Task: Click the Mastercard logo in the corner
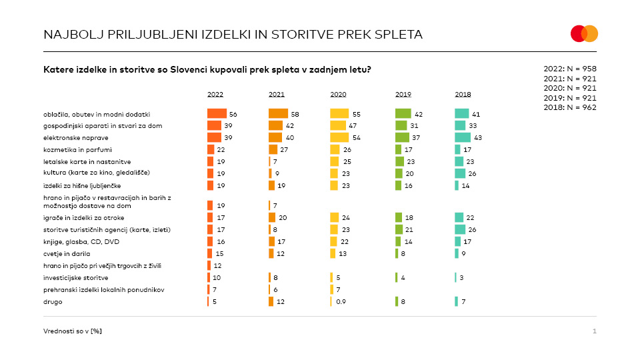pyautogui.click(x=584, y=33)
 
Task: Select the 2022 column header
pyautogui.click(x=215, y=94)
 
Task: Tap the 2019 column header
pyautogui.click(x=403, y=94)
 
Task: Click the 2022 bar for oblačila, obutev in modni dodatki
pyautogui.click(x=217, y=114)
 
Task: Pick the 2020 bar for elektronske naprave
pyautogui.click(x=339, y=137)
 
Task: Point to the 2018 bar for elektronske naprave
pyautogui.click(x=463, y=137)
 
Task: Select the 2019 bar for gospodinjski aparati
pyautogui.click(x=401, y=125)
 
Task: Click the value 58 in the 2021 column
pyautogui.click(x=295, y=115)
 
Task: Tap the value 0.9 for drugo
pyautogui.click(x=340, y=302)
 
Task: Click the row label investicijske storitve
pyautogui.click(x=75, y=277)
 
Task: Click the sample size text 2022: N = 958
pyautogui.click(x=570, y=69)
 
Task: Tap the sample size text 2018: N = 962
pyautogui.click(x=570, y=107)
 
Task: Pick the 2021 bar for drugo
pyautogui.click(x=271, y=301)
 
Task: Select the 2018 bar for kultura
pyautogui.click(x=460, y=173)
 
